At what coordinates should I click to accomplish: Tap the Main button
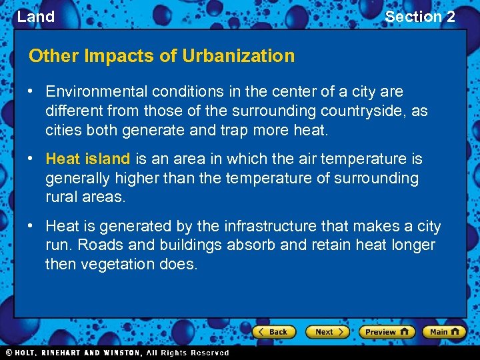444,331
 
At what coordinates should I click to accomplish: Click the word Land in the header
36,17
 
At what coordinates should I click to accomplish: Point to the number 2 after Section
451,17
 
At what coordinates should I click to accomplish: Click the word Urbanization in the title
239,56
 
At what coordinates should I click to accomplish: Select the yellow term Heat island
87,159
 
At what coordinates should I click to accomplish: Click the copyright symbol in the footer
9,353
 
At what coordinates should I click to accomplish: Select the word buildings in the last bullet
193,245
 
